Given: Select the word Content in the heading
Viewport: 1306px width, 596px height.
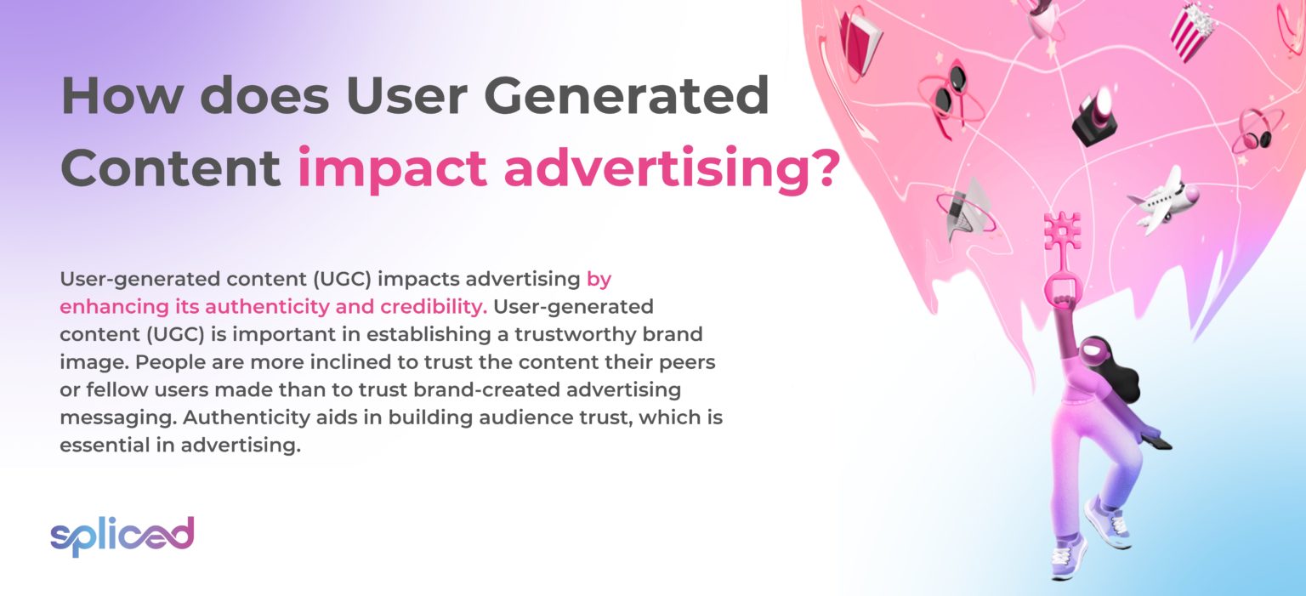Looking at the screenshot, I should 170,167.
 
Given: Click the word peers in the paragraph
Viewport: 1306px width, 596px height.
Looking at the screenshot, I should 687,362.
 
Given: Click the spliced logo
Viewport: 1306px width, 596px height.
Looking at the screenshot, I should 122,536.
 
